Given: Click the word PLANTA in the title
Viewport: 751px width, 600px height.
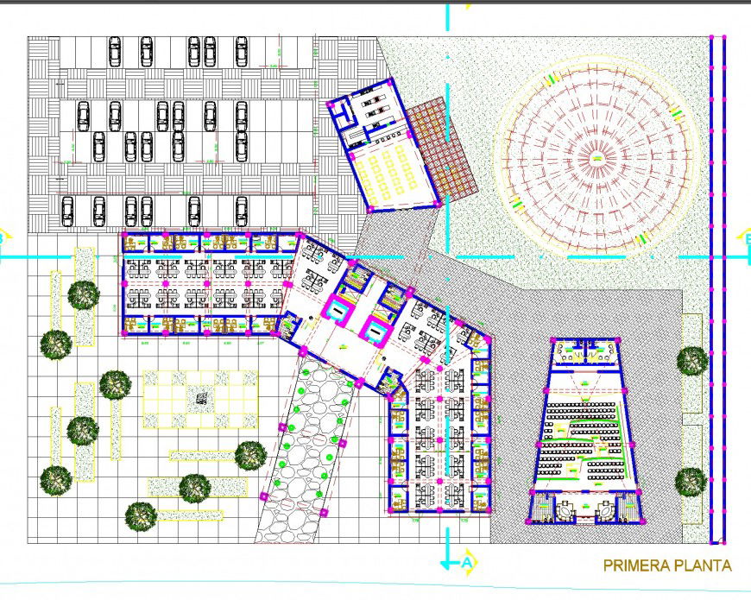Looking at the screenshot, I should pos(703,566).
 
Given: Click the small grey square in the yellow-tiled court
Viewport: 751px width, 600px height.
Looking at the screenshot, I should pos(200,398).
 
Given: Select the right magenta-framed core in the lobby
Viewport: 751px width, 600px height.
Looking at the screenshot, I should pos(376,329).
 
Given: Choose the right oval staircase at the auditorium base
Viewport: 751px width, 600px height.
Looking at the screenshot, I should pos(606,511).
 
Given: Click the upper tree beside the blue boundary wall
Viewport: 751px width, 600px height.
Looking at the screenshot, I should pos(692,360).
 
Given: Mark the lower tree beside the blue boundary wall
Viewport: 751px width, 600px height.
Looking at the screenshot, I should pos(691,481).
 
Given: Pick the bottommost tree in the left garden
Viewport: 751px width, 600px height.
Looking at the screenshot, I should pos(141,516).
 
